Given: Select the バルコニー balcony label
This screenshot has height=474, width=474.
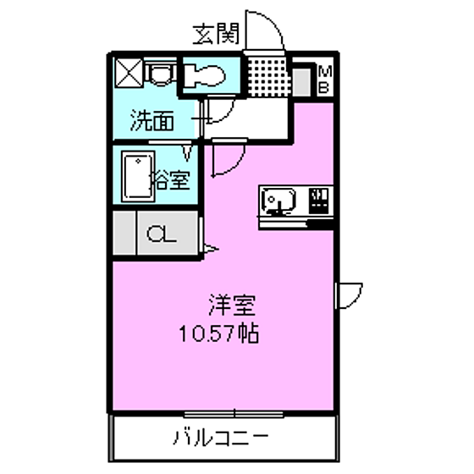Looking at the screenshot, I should point(221,438).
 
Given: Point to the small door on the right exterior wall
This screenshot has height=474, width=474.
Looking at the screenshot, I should point(350,295).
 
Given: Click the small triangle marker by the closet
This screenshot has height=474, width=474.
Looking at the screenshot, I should point(212,250).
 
